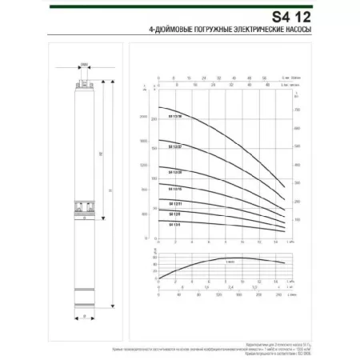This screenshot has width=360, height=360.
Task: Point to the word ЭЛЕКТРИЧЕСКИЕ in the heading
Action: (268, 30)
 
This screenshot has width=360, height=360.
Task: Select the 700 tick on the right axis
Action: (296, 109)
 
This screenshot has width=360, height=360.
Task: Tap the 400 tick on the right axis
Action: (296, 164)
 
